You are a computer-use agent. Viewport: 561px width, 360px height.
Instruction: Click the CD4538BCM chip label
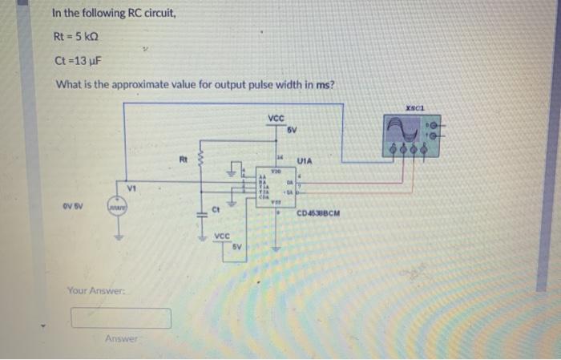(x=318, y=214)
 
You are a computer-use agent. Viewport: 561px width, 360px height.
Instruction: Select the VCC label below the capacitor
(x=224, y=236)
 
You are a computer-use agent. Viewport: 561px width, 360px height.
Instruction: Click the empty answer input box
(x=121, y=318)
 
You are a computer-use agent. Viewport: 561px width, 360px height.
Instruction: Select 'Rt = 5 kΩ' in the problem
(x=79, y=36)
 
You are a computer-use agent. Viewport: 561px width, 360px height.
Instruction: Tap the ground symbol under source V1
(x=123, y=237)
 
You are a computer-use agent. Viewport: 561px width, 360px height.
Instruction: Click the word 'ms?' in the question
(x=324, y=85)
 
